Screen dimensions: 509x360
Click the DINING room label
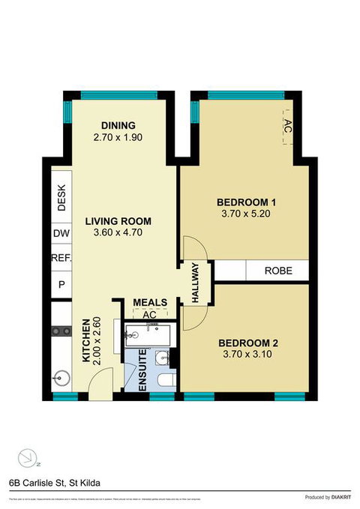pos(118,125)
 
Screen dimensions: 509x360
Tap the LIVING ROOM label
pos(118,221)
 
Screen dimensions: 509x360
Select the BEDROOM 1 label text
pos(247,202)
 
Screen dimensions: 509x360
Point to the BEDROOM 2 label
pos(248,343)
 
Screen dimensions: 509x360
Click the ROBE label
pos(277,271)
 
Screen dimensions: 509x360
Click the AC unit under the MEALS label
pos(148,316)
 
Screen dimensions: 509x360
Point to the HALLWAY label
pos(195,283)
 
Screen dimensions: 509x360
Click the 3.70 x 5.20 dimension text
pos(247,214)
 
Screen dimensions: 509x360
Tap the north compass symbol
pos(28,456)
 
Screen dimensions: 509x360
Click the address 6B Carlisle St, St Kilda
pos(54,483)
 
